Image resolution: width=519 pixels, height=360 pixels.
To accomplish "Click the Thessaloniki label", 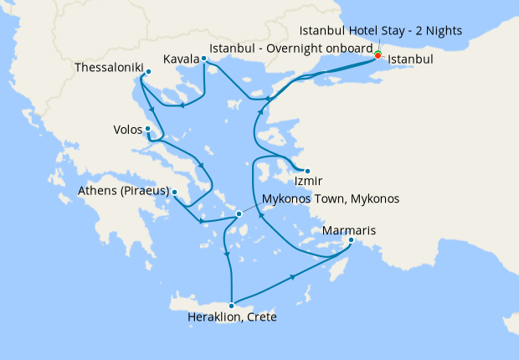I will (108, 66).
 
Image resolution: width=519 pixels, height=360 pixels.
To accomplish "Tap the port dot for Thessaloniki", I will (147, 72).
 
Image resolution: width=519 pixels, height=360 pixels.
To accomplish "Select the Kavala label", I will (181, 59).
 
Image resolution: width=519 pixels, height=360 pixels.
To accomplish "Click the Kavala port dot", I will (203, 59).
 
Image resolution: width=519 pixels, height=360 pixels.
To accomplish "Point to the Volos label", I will (126, 130).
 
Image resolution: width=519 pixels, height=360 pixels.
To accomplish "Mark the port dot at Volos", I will (148, 129).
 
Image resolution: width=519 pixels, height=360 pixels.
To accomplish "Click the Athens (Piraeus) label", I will (124, 192).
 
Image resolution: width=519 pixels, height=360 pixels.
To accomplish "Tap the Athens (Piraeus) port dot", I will (174, 192).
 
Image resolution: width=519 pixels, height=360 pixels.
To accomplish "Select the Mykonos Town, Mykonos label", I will (331, 199).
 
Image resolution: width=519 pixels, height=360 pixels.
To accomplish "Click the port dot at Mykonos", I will (239, 213).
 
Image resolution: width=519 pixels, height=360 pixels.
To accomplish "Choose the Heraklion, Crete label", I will (232, 317).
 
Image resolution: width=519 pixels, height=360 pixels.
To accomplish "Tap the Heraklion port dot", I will (232, 305).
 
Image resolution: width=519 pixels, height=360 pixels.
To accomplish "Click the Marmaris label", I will (349, 230).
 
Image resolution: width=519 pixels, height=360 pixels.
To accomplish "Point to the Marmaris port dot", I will (352, 242).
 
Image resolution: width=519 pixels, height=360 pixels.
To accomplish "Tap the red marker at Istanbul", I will (378, 54).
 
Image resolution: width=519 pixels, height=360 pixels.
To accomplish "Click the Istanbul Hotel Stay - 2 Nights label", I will (380, 32).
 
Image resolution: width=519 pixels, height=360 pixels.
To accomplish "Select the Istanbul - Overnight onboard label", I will (291, 48).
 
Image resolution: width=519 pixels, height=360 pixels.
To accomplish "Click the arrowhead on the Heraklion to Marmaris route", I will (293, 275).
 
